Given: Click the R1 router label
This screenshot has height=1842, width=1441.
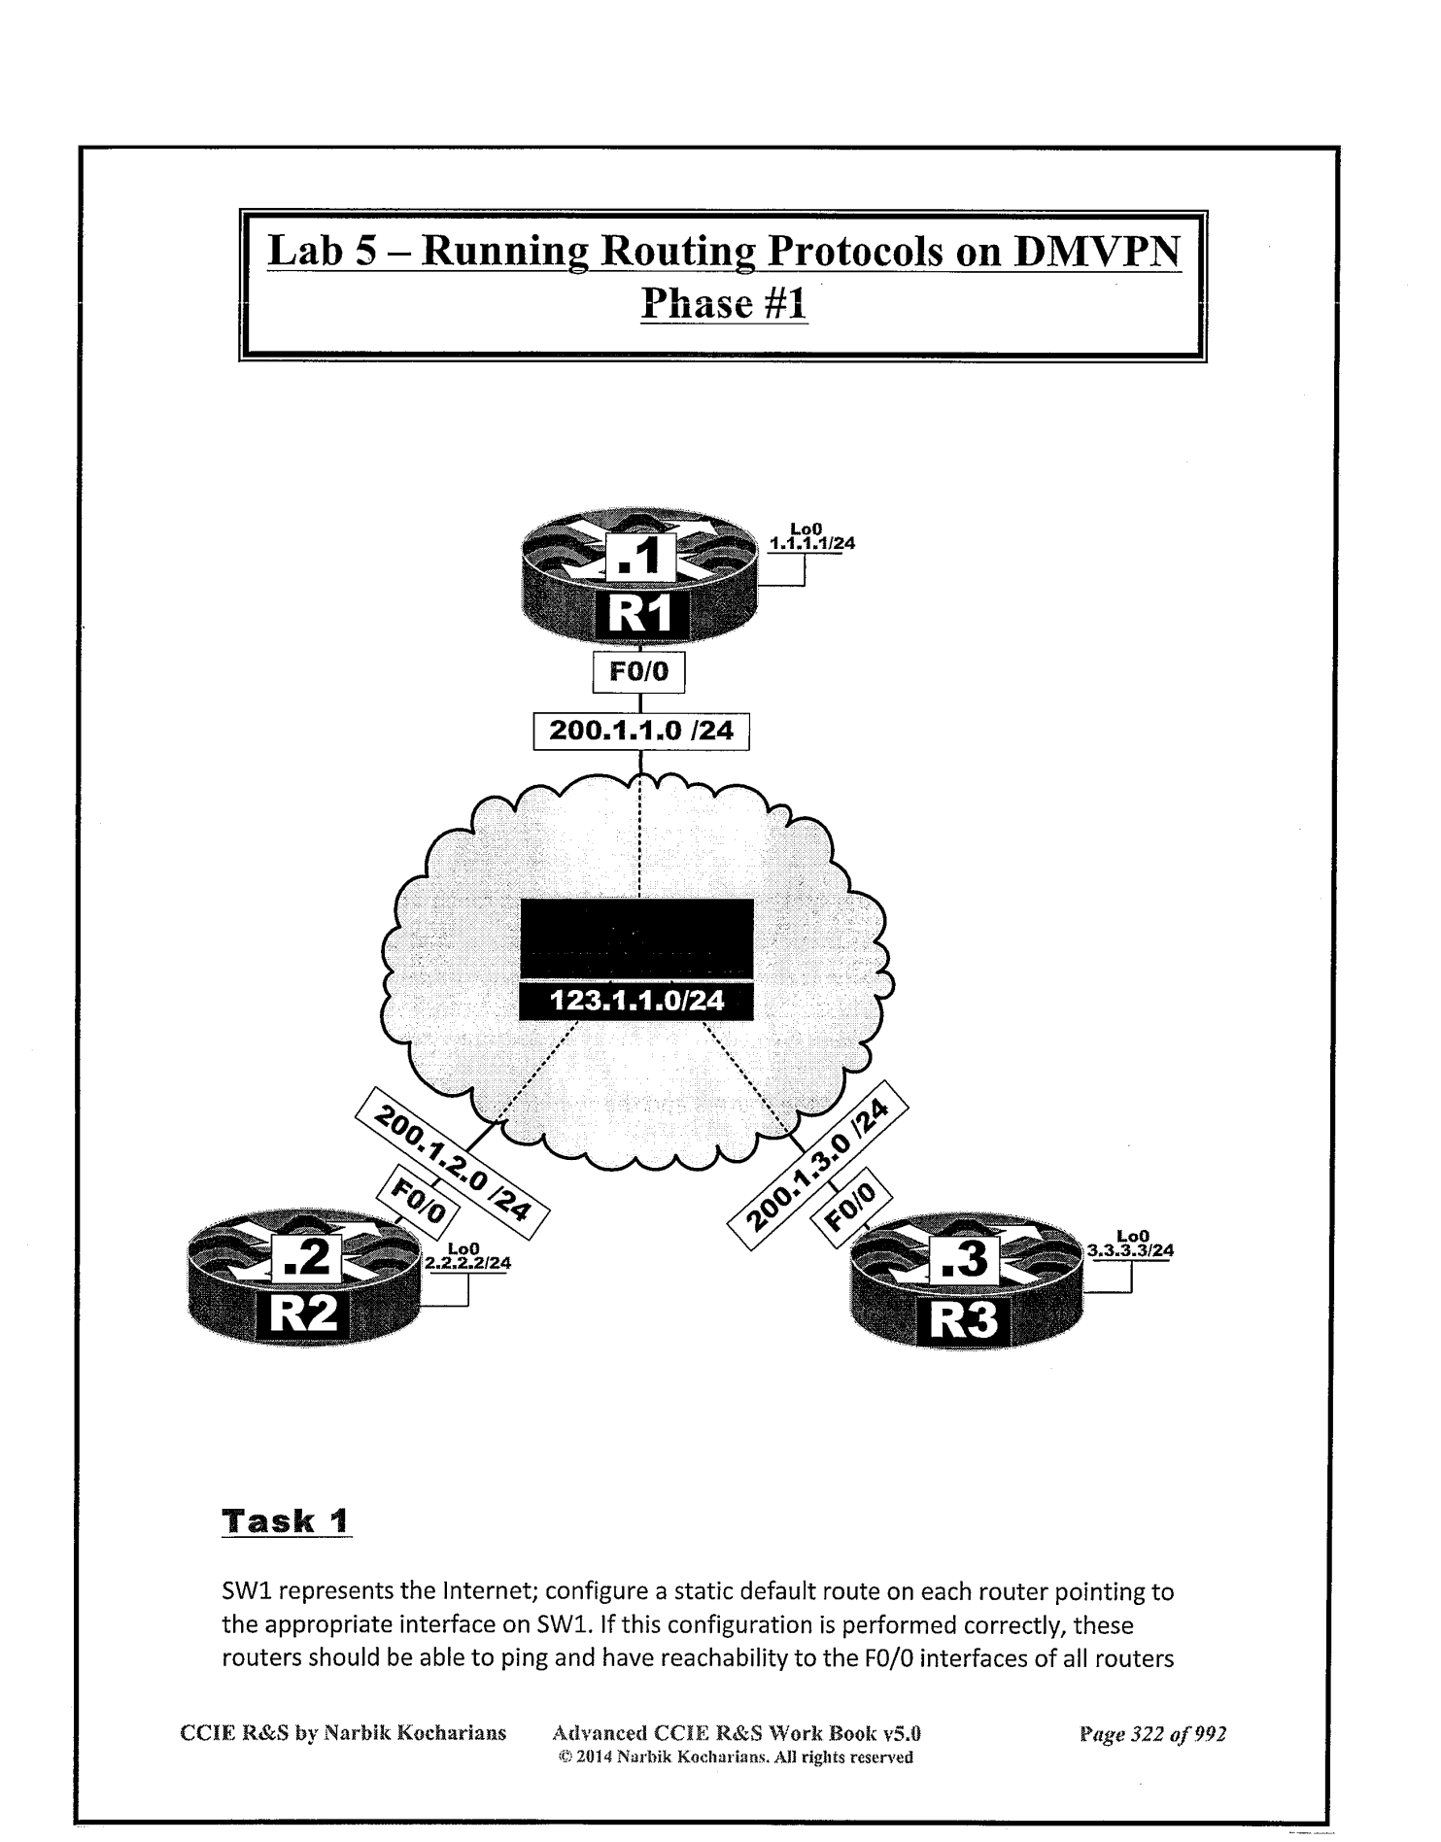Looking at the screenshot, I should pyautogui.click(x=640, y=615).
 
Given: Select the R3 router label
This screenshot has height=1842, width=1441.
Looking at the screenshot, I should pyautogui.click(x=963, y=1321).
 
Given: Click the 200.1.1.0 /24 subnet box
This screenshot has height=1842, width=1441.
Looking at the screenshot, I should pyautogui.click(x=641, y=731).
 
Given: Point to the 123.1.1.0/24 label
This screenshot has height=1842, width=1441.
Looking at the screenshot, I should pyautogui.click(x=636, y=1002).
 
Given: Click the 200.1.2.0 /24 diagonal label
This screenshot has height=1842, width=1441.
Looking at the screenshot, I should pyautogui.click(x=453, y=1163).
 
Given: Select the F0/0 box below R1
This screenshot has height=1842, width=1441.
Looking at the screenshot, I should pyautogui.click(x=638, y=671).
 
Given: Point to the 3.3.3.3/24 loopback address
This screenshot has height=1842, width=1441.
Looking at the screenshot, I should pyautogui.click(x=1131, y=1251).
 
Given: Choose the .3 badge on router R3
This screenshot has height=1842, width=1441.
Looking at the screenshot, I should pyautogui.click(x=964, y=1260).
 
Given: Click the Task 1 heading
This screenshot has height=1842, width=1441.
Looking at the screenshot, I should pyautogui.click(x=287, y=1520).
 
